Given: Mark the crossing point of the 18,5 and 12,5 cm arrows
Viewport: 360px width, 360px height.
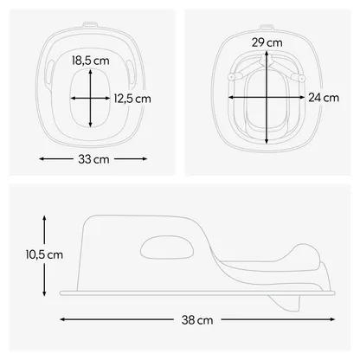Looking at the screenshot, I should click(x=91, y=99).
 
